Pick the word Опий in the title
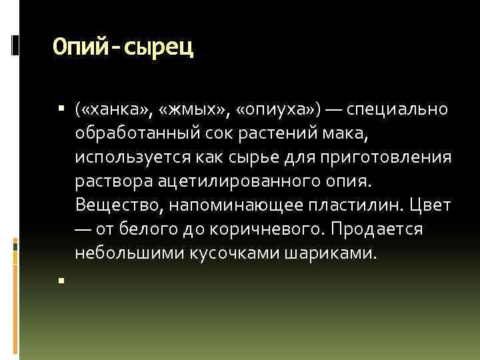tap(77, 49)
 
